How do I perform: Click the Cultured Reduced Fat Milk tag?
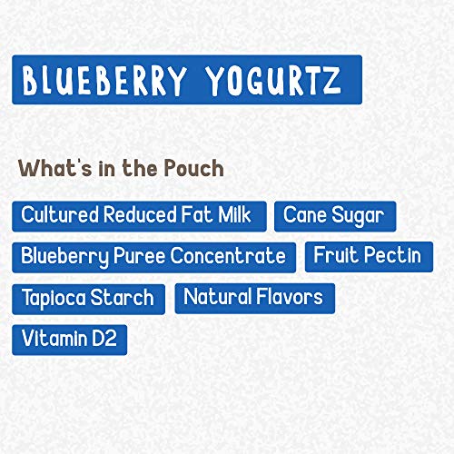[139, 216]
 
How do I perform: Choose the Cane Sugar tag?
[334, 216]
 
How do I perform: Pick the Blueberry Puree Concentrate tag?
[153, 256]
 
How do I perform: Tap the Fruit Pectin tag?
[367, 256]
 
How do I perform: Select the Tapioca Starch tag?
[88, 298]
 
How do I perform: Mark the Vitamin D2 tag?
[69, 339]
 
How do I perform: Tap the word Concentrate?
[232, 256]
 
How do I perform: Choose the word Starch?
[123, 298]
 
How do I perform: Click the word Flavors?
[288, 297]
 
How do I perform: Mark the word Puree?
[140, 256]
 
